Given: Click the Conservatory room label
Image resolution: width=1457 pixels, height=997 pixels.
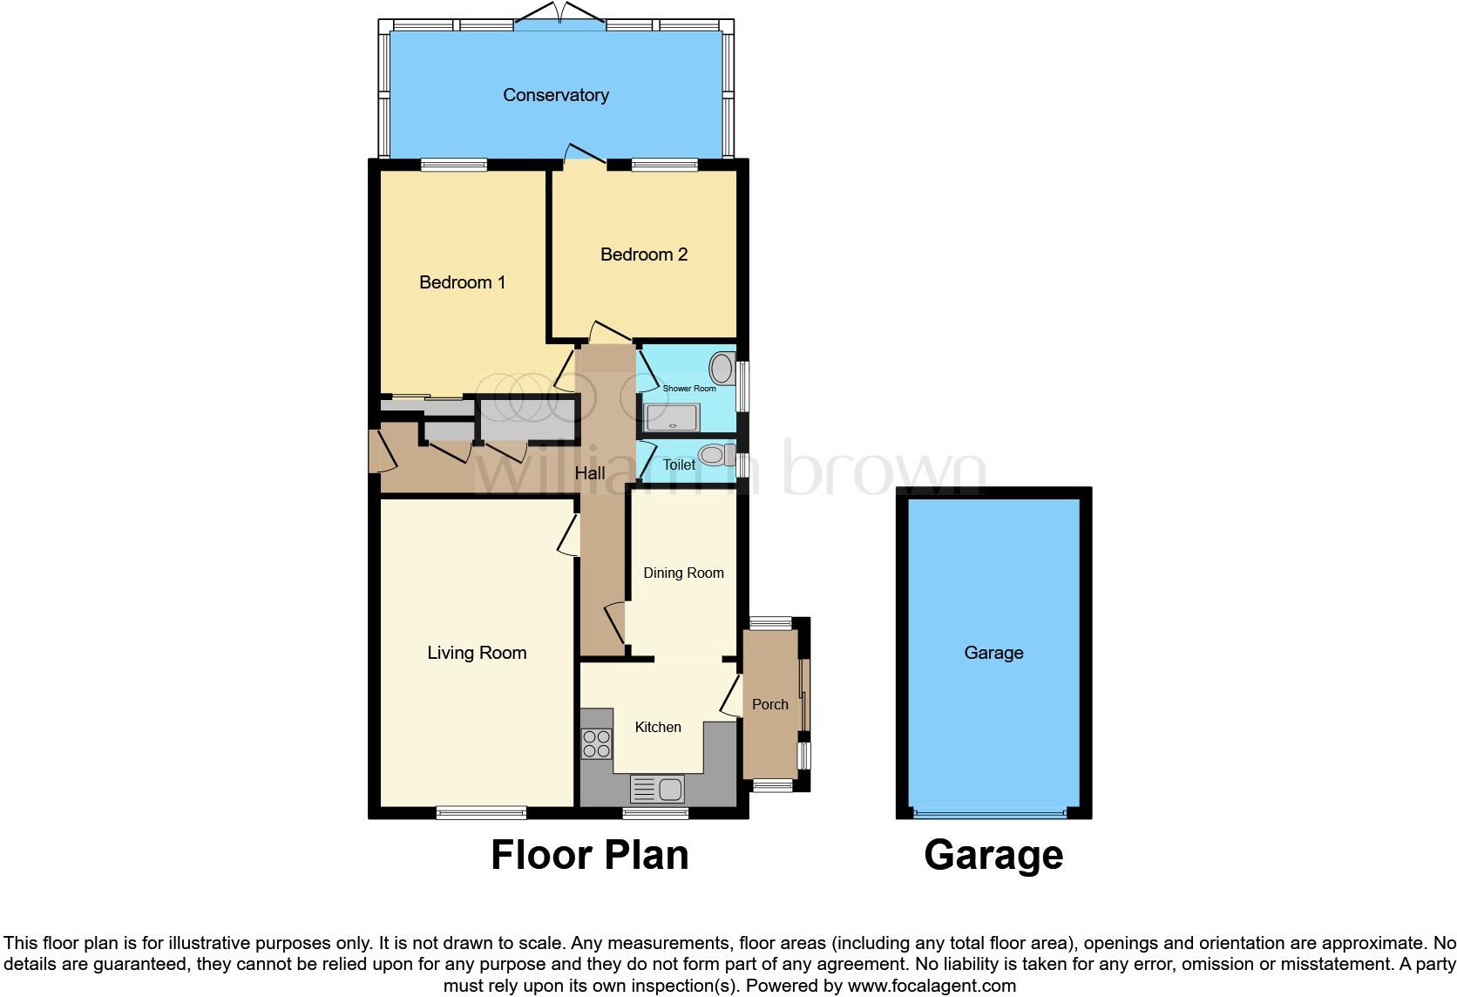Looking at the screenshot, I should (x=555, y=95).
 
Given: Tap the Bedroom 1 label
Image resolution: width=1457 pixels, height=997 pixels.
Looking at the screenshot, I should (x=462, y=282).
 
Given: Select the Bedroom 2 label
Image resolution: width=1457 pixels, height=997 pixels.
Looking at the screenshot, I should (x=644, y=254).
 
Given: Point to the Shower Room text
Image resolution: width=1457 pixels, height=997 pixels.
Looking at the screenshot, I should (x=689, y=389).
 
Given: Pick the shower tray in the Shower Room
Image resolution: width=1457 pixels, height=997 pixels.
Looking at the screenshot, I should (x=671, y=418).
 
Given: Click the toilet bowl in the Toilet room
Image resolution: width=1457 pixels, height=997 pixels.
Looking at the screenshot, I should (x=714, y=455).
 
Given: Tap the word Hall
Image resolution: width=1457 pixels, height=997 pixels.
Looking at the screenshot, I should (x=590, y=474).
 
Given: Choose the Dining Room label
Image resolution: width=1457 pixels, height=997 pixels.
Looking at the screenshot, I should (x=683, y=573).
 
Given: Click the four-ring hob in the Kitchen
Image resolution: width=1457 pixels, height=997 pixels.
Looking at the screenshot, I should (x=597, y=743).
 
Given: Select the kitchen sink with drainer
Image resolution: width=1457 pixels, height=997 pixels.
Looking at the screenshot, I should (x=658, y=790).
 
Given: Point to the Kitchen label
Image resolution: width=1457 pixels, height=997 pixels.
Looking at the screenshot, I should (x=658, y=727).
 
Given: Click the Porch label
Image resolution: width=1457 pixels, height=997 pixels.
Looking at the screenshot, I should (x=769, y=704).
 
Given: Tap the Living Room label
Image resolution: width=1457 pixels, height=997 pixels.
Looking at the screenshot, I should (x=477, y=653).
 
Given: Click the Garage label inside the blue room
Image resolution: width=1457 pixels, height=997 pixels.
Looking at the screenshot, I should (x=993, y=653).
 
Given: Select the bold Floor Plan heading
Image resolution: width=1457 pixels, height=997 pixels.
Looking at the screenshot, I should (x=590, y=855).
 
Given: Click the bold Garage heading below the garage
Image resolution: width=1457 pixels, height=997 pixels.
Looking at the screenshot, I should (x=993, y=855).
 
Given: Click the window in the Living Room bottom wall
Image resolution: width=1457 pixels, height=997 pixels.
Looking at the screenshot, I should (x=481, y=812).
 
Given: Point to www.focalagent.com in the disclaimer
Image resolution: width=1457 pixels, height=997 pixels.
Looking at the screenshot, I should (x=932, y=987).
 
